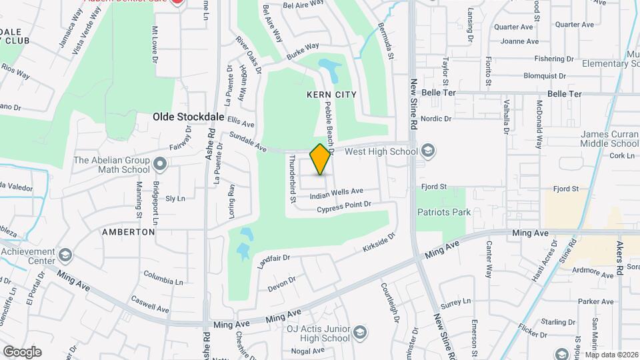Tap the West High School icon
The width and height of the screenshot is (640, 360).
pyautogui.click(x=429, y=151)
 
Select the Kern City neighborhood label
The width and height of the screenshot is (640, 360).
pyautogui.click(x=331, y=95)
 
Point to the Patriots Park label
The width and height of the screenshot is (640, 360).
pyautogui.click(x=444, y=212)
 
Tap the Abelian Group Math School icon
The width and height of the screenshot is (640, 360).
pyautogui.click(x=160, y=163)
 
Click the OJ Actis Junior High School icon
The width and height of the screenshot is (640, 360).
pyautogui.click(x=359, y=332)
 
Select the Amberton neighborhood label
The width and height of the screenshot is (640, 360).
pyautogui.click(x=129, y=232)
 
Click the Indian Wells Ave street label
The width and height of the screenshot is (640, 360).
pyautogui.click(x=337, y=193)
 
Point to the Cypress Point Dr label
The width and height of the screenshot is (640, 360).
pyautogui.click(x=343, y=207)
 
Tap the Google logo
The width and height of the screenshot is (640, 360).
pyautogui.click(x=22, y=351)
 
